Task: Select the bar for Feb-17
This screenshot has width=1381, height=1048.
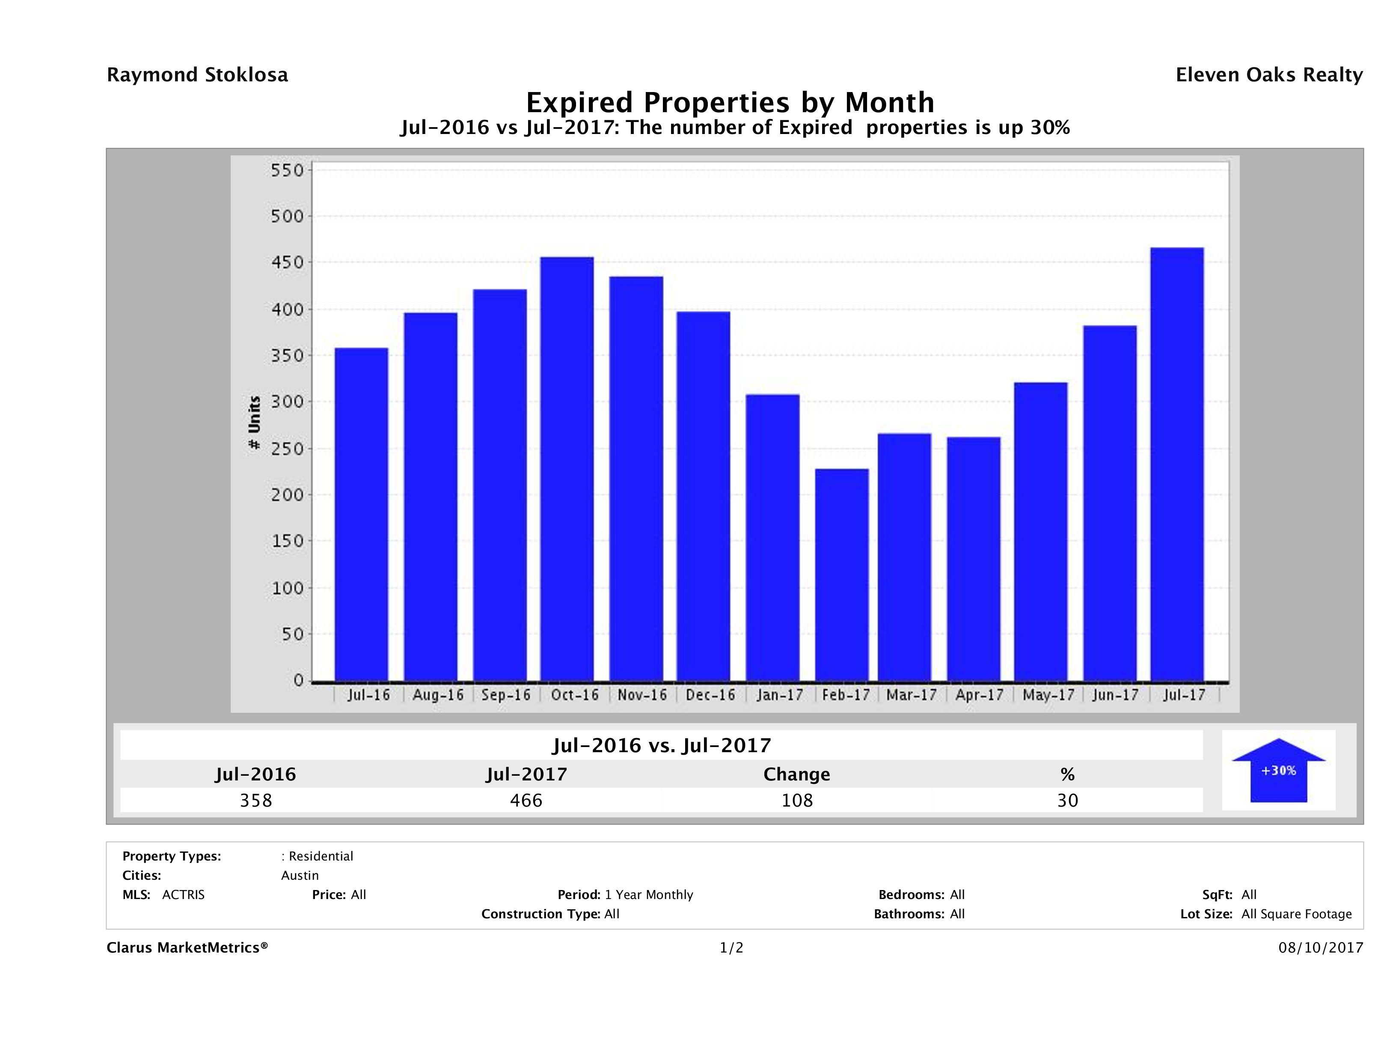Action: (x=842, y=575)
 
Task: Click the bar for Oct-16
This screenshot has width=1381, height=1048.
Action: (x=567, y=468)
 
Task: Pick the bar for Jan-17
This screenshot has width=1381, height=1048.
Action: (x=772, y=537)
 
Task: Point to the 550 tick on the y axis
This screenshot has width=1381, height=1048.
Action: (x=287, y=170)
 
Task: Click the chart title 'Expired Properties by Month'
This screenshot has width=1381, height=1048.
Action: (x=730, y=102)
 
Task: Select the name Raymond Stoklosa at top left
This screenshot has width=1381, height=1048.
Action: (x=197, y=75)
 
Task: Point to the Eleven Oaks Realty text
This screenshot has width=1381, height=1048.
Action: (x=1268, y=75)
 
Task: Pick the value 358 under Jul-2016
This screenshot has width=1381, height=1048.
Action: (x=256, y=800)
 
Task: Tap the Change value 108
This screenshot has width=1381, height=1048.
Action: (x=797, y=800)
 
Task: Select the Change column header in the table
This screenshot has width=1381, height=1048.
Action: (x=797, y=774)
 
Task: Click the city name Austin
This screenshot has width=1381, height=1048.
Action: (x=300, y=875)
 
